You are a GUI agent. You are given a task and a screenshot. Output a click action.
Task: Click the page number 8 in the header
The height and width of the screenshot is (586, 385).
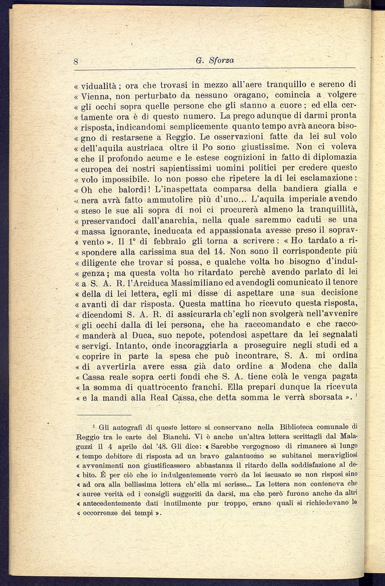(x=76, y=61)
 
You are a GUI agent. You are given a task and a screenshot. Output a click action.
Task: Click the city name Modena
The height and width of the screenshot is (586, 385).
(x=295, y=366)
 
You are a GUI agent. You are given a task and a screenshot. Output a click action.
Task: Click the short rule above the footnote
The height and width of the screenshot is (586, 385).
(x=111, y=414)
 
